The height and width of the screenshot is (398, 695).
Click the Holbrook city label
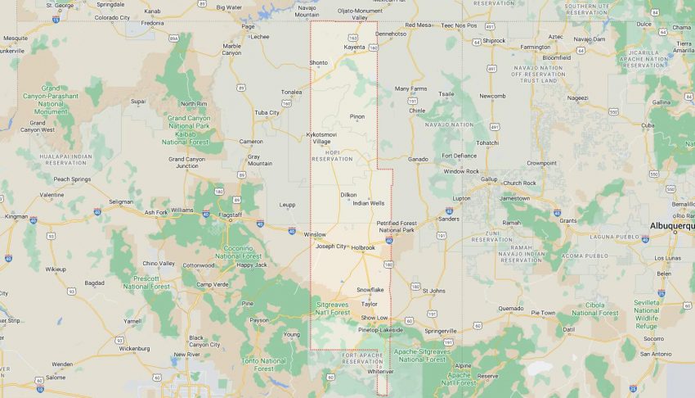tap(363, 247)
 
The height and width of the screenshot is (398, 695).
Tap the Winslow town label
tap(315, 234)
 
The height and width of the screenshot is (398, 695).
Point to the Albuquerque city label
tap(670, 225)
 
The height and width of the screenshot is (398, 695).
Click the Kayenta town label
tap(354, 47)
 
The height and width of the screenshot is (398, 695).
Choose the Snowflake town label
tap(370, 289)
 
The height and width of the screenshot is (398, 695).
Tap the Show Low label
tap(374, 318)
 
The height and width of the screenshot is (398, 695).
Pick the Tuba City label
tap(267, 112)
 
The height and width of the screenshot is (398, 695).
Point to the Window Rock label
tap(461, 171)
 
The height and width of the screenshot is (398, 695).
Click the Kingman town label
tap(16, 217)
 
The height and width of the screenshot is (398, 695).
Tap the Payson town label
tap(259, 320)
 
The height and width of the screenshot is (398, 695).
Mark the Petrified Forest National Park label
tap(397, 225)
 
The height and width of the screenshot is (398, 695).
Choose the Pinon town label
tap(357, 116)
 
